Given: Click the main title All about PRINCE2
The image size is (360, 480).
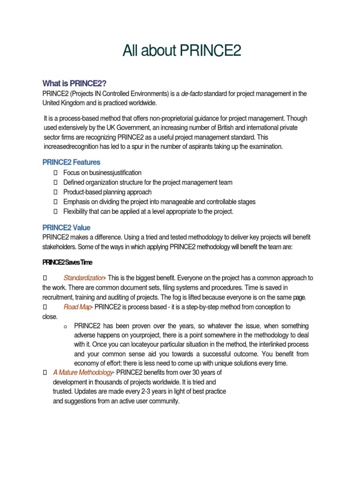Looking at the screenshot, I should (x=181, y=51).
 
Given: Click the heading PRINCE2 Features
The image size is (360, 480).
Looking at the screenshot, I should (x=71, y=162).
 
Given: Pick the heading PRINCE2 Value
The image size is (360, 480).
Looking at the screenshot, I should (x=67, y=227).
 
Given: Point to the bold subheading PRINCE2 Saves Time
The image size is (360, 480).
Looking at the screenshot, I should (x=67, y=262).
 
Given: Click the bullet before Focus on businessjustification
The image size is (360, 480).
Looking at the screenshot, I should (x=55, y=173).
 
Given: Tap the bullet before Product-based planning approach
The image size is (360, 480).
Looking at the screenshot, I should (x=55, y=192).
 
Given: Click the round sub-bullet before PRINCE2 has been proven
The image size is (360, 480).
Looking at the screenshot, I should (x=65, y=326).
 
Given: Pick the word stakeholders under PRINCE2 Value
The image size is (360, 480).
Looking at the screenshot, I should (x=59, y=247).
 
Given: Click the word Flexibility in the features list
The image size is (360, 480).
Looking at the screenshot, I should (x=76, y=211).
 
